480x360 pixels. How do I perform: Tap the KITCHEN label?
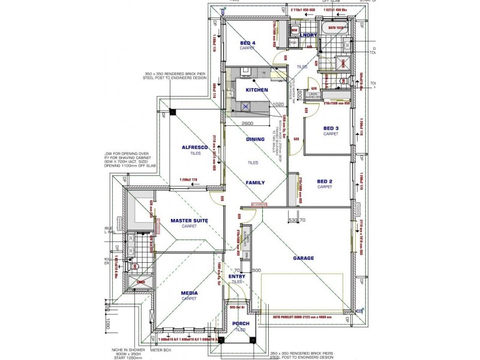256,90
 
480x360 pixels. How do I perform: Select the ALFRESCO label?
195,147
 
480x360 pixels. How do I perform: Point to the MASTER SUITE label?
189,221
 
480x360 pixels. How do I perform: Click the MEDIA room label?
189,293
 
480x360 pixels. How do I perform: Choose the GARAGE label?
304,258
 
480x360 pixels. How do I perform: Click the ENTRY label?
237,277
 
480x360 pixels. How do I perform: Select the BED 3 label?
331,128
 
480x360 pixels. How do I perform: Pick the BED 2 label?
325,181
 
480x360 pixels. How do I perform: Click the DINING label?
255,139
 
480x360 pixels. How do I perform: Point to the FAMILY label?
255,182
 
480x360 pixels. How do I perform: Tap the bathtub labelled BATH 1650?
331,28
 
